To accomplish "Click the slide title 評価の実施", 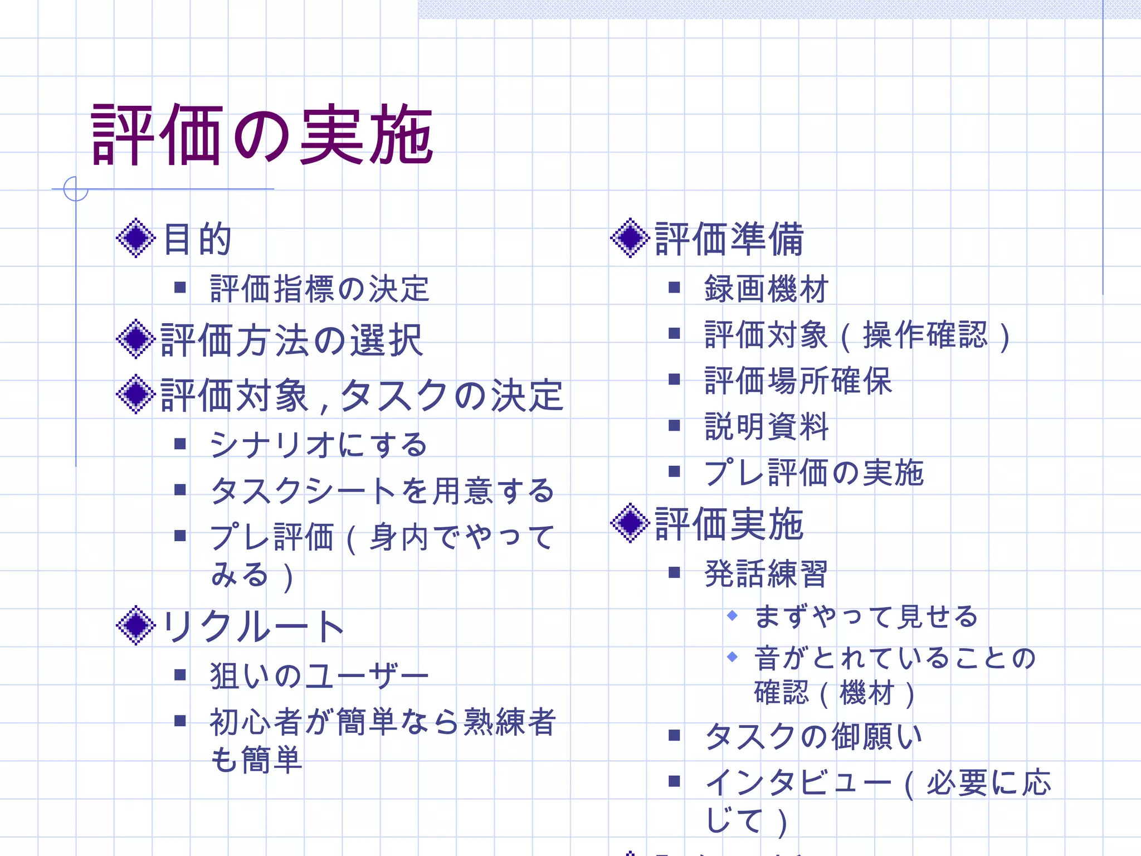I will [x=262, y=135].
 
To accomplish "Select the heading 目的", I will [x=197, y=239].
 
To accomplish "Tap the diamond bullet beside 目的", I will [x=135, y=238].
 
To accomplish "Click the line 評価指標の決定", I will [x=319, y=289].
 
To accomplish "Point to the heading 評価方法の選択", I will [x=291, y=340].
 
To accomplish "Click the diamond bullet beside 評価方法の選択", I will [x=135, y=339].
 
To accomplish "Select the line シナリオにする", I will [x=318, y=445].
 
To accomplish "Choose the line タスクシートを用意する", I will [x=382, y=491].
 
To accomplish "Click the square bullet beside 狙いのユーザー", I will [x=179, y=675].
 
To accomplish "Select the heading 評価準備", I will [x=729, y=239].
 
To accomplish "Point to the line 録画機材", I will [x=766, y=289].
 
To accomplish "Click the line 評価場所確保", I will [x=798, y=381].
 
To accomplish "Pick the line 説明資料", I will [x=766, y=427].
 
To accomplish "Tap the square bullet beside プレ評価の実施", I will [x=674, y=471].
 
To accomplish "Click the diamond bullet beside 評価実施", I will [x=630, y=523].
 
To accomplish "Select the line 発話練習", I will [x=766, y=573].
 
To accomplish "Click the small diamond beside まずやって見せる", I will [x=733, y=615].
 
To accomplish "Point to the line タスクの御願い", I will [x=813, y=736].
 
